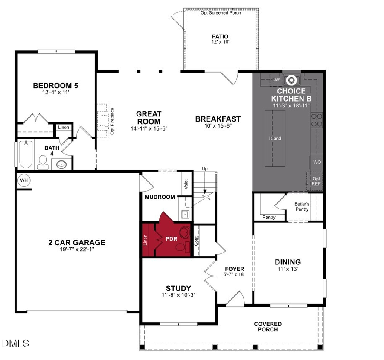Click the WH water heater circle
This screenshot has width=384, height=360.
click(24, 180)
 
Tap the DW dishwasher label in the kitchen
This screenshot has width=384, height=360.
click(276, 80)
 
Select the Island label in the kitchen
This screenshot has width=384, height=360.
click(275, 139)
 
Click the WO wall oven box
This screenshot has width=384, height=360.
click(317, 162)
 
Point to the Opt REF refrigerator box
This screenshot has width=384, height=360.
click(316, 181)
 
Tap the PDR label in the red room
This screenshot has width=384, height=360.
click(171, 239)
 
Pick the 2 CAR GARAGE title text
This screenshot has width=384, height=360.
click(77, 243)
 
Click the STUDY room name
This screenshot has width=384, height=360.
click(179, 288)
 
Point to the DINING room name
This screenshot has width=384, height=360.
click(288, 262)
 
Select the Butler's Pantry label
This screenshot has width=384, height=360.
click(302, 206)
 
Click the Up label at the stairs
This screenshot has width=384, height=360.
click(205, 169)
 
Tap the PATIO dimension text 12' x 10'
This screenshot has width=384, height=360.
click(220, 42)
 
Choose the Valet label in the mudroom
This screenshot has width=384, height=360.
click(186, 184)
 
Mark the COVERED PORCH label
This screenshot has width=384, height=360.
click(268, 327)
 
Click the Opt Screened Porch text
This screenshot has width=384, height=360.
click(221, 13)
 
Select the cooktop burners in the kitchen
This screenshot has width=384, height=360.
click(317, 120)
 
